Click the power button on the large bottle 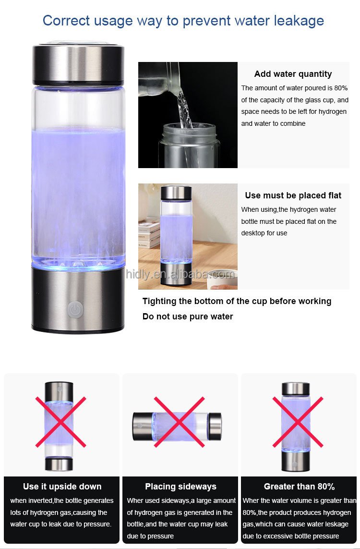click(74, 309)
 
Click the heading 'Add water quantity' click(293, 74)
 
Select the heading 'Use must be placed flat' click(293, 195)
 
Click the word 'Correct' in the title click(66, 20)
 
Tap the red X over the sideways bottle click(179, 422)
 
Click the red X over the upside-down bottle click(60, 422)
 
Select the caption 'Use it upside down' click(62, 487)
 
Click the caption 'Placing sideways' click(180, 487)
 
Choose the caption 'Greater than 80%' click(299, 487)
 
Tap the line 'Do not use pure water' click(188, 317)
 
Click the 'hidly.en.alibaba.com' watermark click(180, 274)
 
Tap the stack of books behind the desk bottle click(149, 233)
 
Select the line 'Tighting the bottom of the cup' click(237, 302)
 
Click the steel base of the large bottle click(78, 300)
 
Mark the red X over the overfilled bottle click(298, 422)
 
